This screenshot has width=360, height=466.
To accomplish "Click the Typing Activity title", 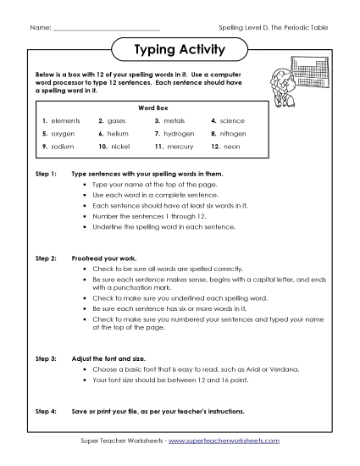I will point(180,50).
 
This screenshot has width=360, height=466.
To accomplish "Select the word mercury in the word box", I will point(179,147).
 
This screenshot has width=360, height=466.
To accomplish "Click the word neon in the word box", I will point(231,147).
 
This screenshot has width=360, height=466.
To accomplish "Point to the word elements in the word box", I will point(65,121).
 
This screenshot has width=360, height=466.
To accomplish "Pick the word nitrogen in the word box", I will point(235,134).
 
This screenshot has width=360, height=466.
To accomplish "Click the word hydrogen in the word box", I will point(180,134).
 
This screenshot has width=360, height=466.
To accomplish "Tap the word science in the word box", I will point(234,121).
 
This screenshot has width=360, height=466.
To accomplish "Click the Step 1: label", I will point(45,173).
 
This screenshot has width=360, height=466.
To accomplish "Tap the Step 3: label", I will point(45,360).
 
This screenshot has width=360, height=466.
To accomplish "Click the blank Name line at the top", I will point(105,28).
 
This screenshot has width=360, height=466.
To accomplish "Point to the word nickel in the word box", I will point(122,147).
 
